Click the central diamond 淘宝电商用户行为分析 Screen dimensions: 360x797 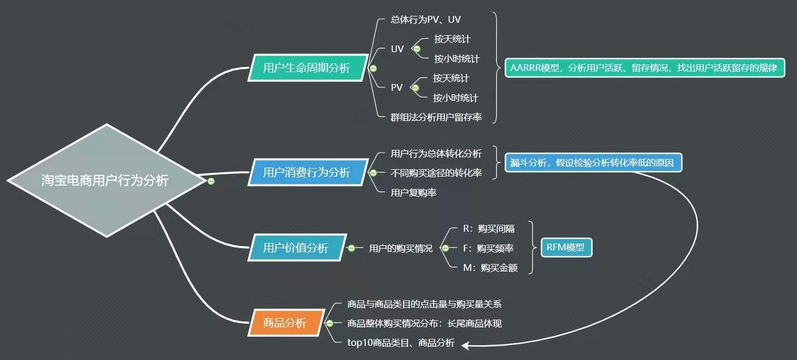106,181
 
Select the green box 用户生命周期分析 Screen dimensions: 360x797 307,68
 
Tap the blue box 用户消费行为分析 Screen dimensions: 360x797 307,172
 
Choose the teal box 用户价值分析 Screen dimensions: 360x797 296,248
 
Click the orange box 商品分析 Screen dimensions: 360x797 286,323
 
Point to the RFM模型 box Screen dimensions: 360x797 566,248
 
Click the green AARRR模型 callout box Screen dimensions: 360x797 644,68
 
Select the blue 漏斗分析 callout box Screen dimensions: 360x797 593,163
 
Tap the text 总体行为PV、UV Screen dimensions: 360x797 430,20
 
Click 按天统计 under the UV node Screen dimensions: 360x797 452,39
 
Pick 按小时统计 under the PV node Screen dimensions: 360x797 456,98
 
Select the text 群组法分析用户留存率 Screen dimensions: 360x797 436,117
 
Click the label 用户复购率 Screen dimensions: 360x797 413,192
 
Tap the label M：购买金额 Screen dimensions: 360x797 490,267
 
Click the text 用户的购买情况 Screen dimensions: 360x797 400,248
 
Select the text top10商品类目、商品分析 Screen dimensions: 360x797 401,342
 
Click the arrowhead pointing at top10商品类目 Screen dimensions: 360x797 465,344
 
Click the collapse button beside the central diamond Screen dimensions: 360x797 211,181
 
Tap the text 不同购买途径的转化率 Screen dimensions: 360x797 436,173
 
